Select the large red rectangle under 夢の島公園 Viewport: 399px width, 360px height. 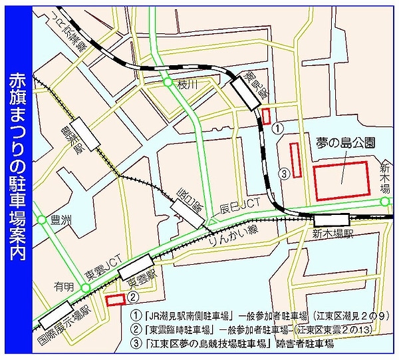(x=341, y=180)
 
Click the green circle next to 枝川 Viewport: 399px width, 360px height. (x=167, y=83)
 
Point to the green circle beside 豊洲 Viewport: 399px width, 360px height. (x=42, y=219)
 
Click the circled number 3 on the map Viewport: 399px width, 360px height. (x=284, y=174)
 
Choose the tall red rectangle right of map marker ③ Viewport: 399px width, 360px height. (x=296, y=160)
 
